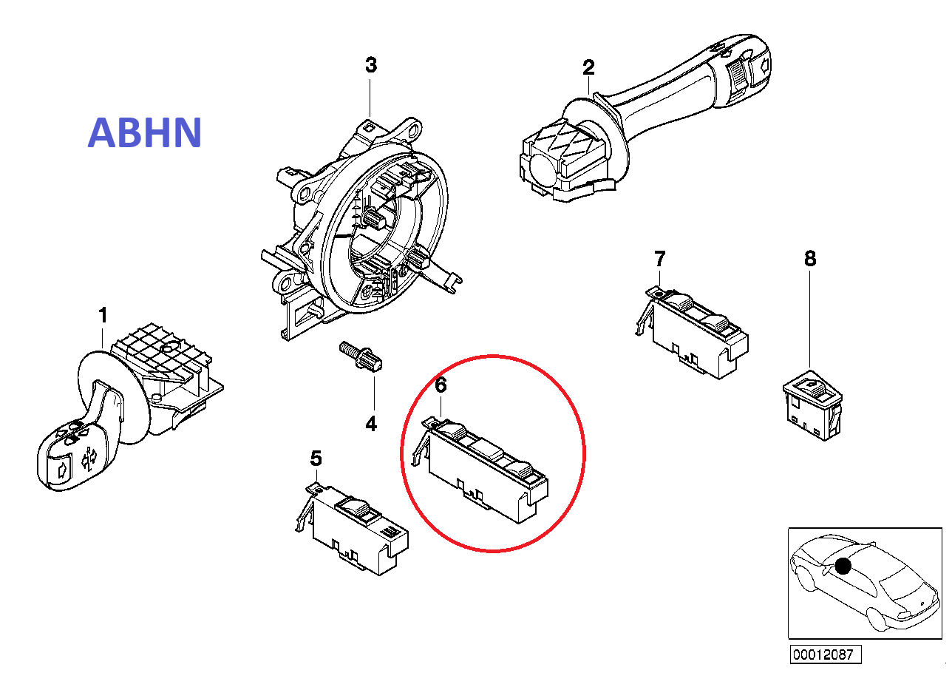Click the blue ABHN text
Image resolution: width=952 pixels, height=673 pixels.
[145, 132]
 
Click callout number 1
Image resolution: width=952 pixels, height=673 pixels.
[103, 316]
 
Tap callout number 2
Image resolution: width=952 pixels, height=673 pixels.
[588, 67]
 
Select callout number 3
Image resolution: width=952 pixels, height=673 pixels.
[371, 65]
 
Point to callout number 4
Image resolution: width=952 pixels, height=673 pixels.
[371, 424]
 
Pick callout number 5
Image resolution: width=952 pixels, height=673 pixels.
[316, 459]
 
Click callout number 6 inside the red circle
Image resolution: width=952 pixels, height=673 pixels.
[441, 385]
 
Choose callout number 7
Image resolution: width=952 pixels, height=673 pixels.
[659, 259]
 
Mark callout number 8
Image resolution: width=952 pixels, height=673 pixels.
[810, 259]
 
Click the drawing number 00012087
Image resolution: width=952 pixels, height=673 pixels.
[826, 654]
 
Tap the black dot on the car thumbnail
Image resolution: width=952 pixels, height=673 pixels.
[843, 566]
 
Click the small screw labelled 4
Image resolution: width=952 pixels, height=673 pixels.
[361, 356]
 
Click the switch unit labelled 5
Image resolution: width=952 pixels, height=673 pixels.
[353, 530]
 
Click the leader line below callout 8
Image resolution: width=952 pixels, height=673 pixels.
[809, 319]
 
